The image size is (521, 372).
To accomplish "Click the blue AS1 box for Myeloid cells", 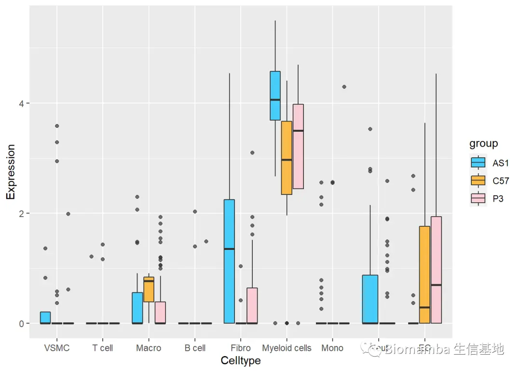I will point(275,96).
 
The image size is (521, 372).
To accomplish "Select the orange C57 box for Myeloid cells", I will point(287,158).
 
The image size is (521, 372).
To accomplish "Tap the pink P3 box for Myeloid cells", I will point(298,146).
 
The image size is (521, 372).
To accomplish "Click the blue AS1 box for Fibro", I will point(229,261).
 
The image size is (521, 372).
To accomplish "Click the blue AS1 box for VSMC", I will point(45,317).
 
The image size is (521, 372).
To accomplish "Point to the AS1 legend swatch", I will point(478,163).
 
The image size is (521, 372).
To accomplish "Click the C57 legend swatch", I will point(478,180).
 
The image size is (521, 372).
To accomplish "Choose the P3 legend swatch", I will point(478,198).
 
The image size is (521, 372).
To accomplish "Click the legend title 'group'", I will point(483,144).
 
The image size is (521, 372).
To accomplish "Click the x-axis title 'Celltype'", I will point(240,361).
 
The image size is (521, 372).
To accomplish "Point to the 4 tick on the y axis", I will point(22,103).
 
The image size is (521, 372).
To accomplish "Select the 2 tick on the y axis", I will point(22,213).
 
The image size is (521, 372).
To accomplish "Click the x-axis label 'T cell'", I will point(102,348).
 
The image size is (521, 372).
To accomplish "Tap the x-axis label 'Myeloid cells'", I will point(287,348).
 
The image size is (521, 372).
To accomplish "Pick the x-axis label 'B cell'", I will point(194,348).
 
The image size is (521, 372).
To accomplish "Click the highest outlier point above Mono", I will point(344,87).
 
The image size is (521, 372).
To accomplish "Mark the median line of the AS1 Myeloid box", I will point(275,99).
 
